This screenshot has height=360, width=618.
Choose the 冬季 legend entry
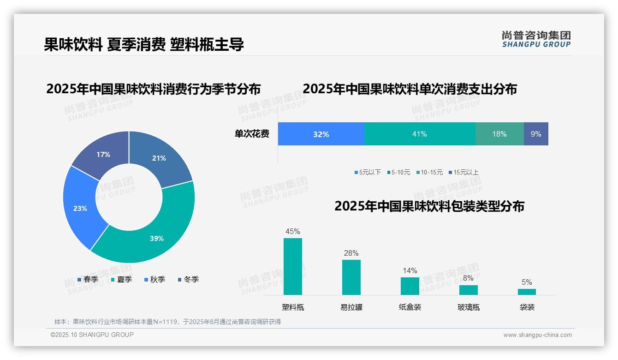click(x=188, y=279)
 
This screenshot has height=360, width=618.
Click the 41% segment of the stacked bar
click(x=419, y=134)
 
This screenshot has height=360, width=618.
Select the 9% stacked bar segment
click(x=536, y=134)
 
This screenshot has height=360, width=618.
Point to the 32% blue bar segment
click(x=321, y=134)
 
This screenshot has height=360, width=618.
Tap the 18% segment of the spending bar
click(x=499, y=134)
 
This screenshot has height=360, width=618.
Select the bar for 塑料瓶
click(x=293, y=266)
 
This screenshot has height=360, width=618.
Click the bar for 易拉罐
click(x=351, y=277)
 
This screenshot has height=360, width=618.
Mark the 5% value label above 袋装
click(x=527, y=282)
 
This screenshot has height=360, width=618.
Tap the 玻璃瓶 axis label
click(x=469, y=307)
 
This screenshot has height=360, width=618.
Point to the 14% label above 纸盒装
click(x=410, y=270)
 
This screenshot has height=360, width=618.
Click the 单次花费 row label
click(x=252, y=134)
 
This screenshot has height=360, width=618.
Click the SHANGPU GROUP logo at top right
click(x=536, y=39)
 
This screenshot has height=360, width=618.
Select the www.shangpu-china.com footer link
click(x=537, y=335)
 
